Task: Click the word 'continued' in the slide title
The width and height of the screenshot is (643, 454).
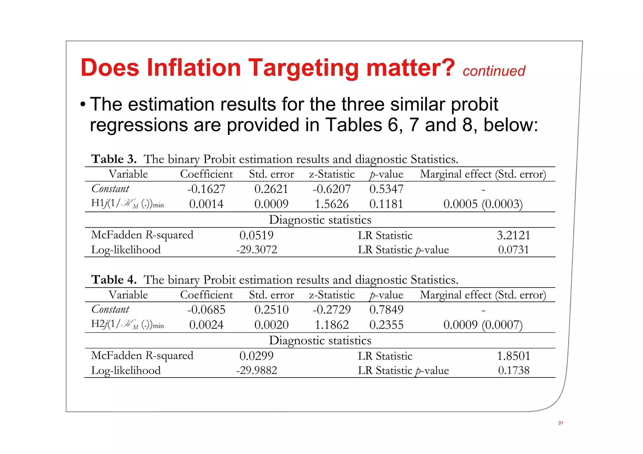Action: [x=494, y=71]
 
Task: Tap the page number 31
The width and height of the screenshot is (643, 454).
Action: [x=560, y=423]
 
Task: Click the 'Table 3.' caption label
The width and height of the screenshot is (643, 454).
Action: [x=114, y=159]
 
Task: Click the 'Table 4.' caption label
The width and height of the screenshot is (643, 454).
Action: [x=114, y=280]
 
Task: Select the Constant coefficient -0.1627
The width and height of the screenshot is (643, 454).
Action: [x=206, y=189]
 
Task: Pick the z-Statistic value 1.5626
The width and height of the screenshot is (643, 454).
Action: [x=332, y=204]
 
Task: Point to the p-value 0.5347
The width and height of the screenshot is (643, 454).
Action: [x=386, y=189]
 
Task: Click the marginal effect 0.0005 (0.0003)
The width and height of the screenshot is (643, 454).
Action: [x=483, y=204]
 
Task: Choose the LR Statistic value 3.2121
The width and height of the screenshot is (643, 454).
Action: [x=513, y=235]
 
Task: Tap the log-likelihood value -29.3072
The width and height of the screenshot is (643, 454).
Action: [x=257, y=250]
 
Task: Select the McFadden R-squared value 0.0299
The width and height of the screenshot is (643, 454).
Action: [x=256, y=356]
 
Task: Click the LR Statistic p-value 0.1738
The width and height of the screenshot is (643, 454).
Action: [x=513, y=370]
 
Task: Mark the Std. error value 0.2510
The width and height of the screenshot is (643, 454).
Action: [x=271, y=310]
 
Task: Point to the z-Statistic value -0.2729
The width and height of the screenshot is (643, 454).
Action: [x=332, y=310]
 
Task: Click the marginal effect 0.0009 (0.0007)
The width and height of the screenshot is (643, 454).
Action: [x=483, y=325]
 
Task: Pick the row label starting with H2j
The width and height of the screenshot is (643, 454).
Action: [x=127, y=324]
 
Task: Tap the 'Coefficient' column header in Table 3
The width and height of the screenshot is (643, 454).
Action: [x=206, y=174]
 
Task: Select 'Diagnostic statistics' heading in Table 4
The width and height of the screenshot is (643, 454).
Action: [x=320, y=340]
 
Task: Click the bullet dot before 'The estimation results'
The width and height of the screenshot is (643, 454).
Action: [x=83, y=105]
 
